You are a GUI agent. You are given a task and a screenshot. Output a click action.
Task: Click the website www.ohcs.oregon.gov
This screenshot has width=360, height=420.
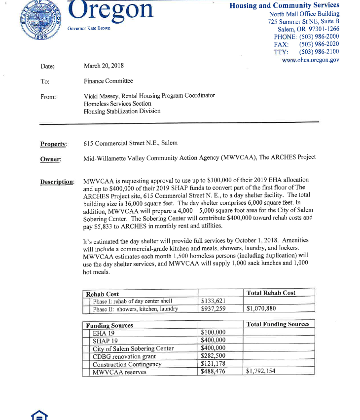click(x=310, y=60)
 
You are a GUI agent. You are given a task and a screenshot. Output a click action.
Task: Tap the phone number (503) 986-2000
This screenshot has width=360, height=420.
click(x=319, y=37)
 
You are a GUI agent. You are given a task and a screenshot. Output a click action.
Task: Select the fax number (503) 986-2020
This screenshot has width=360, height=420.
click(x=319, y=44)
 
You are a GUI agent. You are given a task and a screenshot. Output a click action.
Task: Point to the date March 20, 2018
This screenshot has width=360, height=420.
click(x=104, y=66)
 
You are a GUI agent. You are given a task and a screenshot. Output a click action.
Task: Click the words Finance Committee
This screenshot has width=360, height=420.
click(x=108, y=81)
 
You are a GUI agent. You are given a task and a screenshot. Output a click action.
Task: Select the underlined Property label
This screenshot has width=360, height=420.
click(x=53, y=144)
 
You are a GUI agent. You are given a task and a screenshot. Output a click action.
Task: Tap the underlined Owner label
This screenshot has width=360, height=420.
click(x=50, y=159)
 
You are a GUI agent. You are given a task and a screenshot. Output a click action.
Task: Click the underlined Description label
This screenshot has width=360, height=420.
click(x=57, y=182)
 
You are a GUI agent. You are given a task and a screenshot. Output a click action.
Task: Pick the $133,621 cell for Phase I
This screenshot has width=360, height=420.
click(x=213, y=301)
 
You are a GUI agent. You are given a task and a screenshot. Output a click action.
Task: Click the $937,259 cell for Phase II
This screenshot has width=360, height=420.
click(x=213, y=309)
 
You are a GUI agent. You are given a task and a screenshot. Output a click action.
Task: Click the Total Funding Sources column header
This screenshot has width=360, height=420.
click(x=278, y=324)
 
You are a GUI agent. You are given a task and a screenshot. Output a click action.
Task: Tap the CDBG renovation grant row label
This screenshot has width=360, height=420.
click(x=124, y=356)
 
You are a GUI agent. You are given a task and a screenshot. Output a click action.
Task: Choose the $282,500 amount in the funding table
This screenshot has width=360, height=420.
click(x=213, y=356)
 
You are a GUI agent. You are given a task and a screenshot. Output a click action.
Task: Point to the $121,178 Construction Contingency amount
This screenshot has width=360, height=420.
click(x=213, y=364)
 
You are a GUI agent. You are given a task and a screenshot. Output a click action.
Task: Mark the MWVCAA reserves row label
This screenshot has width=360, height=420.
click(x=119, y=372)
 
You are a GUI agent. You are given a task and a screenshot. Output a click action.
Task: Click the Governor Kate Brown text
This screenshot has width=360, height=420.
click(x=89, y=28)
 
